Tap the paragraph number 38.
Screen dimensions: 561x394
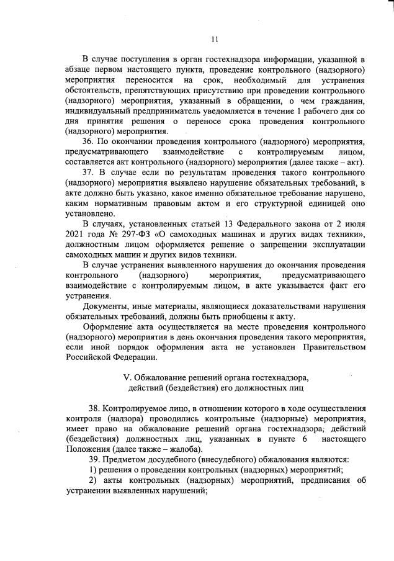tap(95, 409)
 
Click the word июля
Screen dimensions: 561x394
tap(352, 223)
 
